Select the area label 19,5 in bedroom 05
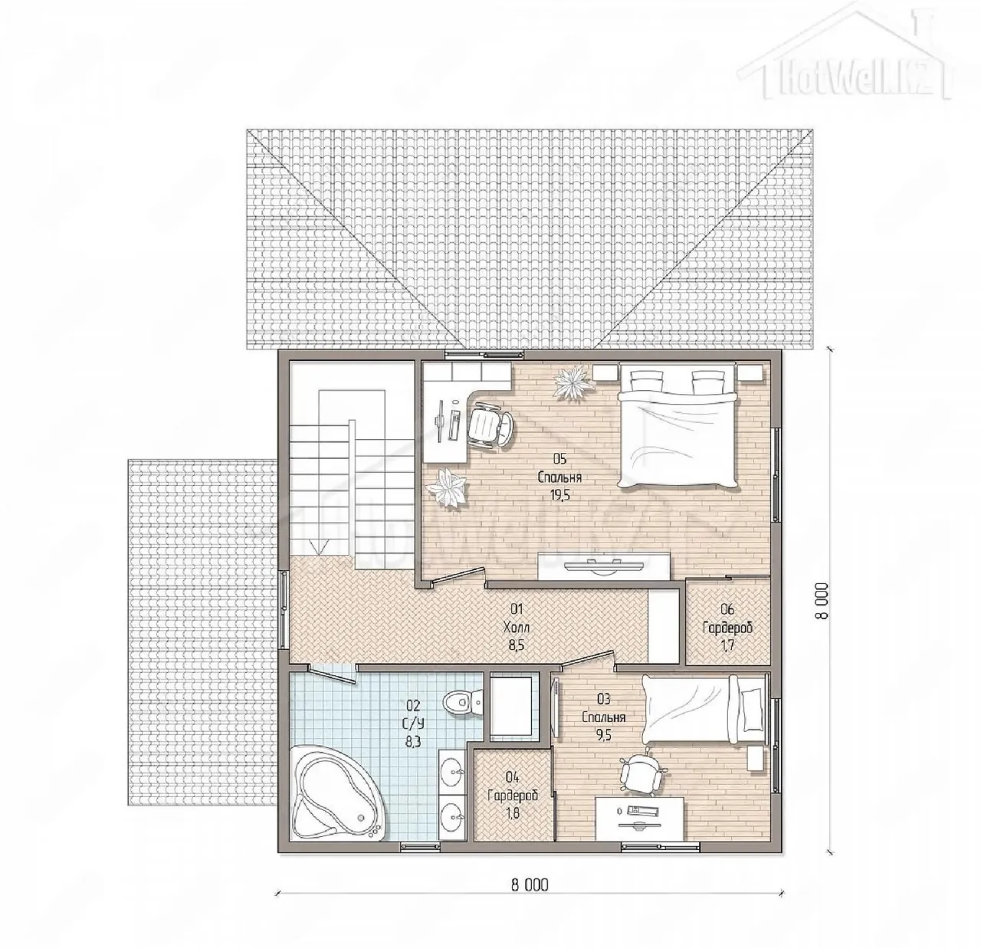click(560, 495)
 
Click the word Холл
click(517, 628)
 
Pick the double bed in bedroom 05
click(678, 426)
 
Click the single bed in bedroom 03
click(704, 710)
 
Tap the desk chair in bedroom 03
click(643, 773)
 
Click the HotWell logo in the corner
click(845, 55)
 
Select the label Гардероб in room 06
click(727, 628)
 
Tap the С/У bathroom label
click(413, 723)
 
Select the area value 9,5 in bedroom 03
click(603, 735)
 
